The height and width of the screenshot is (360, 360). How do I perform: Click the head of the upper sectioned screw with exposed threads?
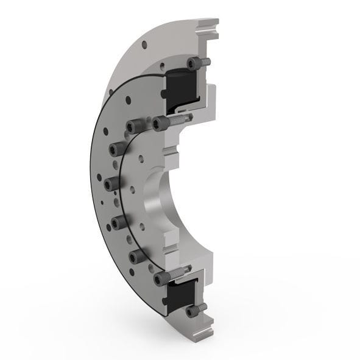[161, 124]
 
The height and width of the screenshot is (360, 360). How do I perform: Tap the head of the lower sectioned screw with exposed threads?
[161, 277]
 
